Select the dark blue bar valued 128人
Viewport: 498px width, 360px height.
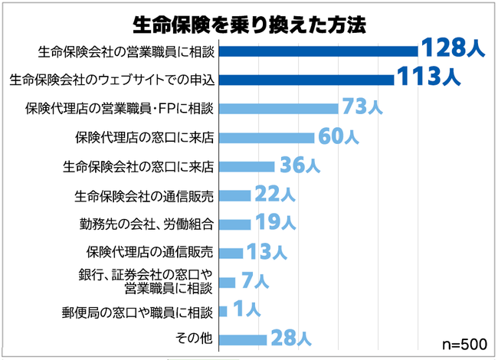pyautogui.click(x=318, y=51)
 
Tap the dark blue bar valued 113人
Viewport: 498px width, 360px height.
pyautogui.click(x=306, y=79)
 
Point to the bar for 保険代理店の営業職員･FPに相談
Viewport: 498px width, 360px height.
pyautogui.click(x=278, y=108)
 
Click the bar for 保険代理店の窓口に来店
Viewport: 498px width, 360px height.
pyautogui.click(x=267, y=138)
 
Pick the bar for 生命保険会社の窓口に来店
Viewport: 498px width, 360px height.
pyautogui.click(x=247, y=166)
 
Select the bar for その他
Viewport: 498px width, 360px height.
pyautogui.click(x=243, y=338)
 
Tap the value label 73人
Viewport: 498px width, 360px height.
pyautogui.click(x=362, y=107)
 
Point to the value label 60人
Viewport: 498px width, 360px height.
pyautogui.click(x=337, y=137)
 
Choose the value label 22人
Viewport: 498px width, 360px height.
pyautogui.click(x=274, y=195)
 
